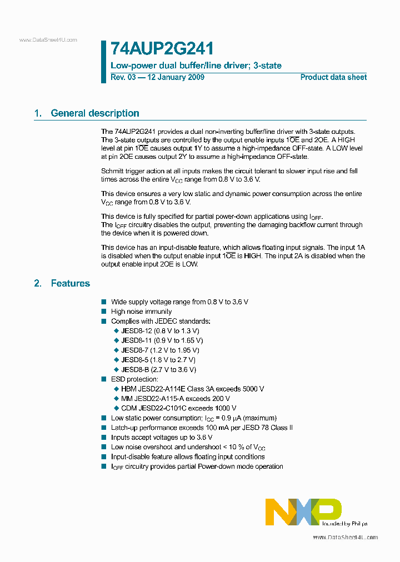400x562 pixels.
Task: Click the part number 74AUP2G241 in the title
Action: click(x=162, y=48)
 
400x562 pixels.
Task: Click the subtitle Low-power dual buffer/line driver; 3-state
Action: click(x=196, y=66)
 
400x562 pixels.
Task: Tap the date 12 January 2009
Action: click(x=175, y=77)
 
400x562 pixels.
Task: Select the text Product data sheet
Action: click(x=333, y=77)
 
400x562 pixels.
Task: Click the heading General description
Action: click(x=95, y=113)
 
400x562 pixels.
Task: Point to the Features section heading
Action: click(x=70, y=283)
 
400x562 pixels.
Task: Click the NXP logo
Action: click(x=303, y=511)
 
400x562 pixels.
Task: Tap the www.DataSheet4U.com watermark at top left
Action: click(x=48, y=40)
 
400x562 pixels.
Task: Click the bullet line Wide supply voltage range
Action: click(x=179, y=302)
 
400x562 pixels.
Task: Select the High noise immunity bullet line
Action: click(x=141, y=312)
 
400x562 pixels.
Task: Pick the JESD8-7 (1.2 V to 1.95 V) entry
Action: click(x=160, y=350)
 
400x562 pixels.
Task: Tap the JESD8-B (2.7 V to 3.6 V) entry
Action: click(x=158, y=369)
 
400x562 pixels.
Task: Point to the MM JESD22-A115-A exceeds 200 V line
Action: click(x=175, y=398)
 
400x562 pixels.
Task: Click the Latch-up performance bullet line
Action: click(x=202, y=428)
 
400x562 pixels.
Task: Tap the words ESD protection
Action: click(x=134, y=379)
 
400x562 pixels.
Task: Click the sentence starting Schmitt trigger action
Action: click(x=229, y=171)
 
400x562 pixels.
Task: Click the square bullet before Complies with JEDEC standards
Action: click(x=103, y=321)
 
